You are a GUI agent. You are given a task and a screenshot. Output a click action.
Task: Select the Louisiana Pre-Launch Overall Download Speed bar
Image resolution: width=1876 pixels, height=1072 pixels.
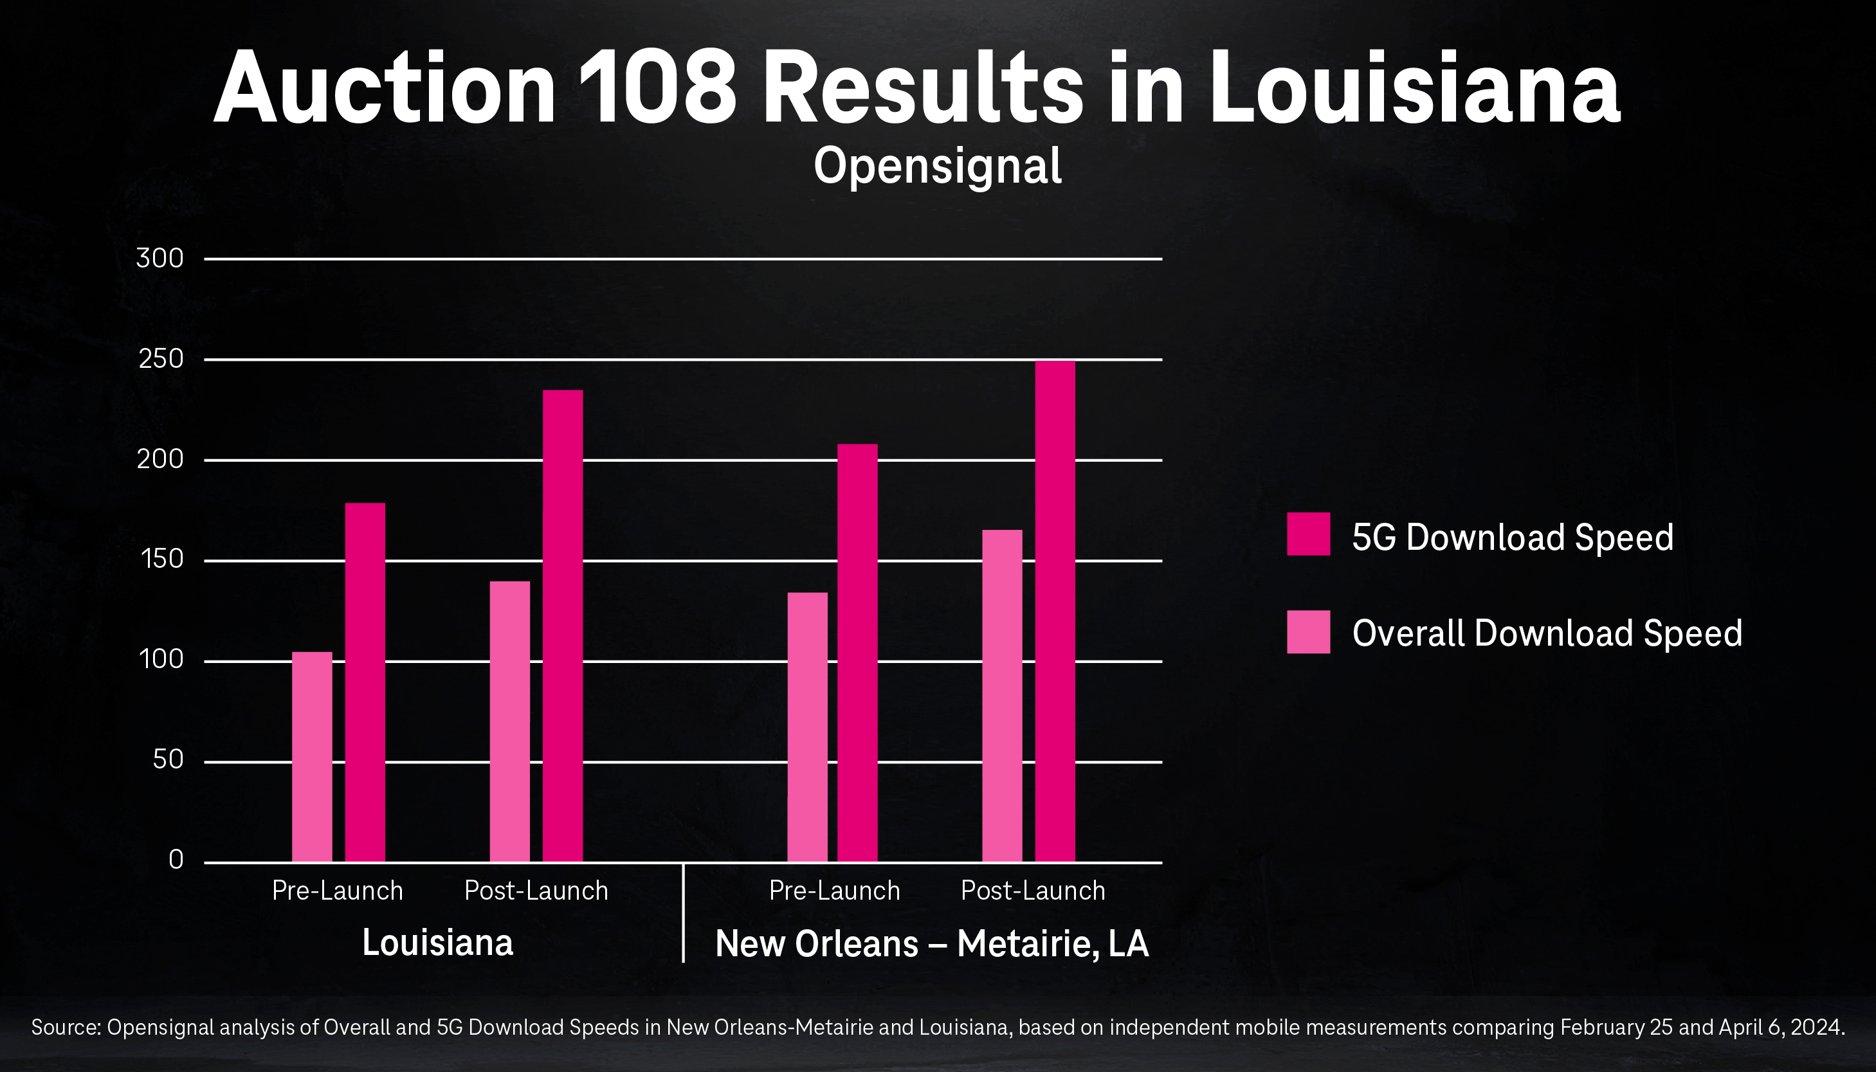pos(312,756)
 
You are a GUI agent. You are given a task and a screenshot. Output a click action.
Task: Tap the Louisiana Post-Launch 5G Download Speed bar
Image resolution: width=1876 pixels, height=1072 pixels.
pos(563,625)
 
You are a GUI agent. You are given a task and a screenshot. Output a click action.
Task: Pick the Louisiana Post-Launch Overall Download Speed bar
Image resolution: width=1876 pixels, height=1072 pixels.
pos(509,721)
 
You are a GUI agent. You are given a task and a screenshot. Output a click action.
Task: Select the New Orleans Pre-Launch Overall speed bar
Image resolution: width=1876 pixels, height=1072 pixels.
pos(807,727)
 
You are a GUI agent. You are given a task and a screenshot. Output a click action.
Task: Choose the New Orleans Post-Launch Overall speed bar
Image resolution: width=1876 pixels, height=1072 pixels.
pos(1002,695)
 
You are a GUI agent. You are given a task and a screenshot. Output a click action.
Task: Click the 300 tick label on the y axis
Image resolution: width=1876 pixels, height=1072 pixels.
pos(159,259)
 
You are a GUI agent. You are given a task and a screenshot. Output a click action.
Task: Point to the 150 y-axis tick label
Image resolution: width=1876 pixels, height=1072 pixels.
pos(161,559)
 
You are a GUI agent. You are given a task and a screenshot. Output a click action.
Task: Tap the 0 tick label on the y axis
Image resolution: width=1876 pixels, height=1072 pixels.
pos(176,859)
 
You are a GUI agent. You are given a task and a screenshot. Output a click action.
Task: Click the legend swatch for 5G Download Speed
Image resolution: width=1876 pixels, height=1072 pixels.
pos(1308,534)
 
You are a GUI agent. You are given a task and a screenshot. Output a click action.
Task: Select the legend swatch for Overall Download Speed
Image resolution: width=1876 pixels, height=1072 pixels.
pos(1308,631)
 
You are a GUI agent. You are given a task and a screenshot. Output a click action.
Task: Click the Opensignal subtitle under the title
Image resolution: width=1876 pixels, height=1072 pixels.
pos(937,167)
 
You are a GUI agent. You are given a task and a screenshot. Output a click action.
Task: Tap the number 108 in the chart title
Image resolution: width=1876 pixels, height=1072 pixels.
pos(657,88)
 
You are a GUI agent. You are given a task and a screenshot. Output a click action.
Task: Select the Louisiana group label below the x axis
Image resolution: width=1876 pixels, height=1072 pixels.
pos(437,943)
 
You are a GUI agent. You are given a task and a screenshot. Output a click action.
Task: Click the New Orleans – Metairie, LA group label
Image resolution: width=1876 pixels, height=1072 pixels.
pos(931,944)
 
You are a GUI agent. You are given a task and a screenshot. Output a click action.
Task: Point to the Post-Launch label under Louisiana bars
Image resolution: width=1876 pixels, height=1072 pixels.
pos(536,891)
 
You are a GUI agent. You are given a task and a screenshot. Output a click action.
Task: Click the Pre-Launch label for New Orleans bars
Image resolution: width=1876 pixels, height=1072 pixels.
pos(834,891)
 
